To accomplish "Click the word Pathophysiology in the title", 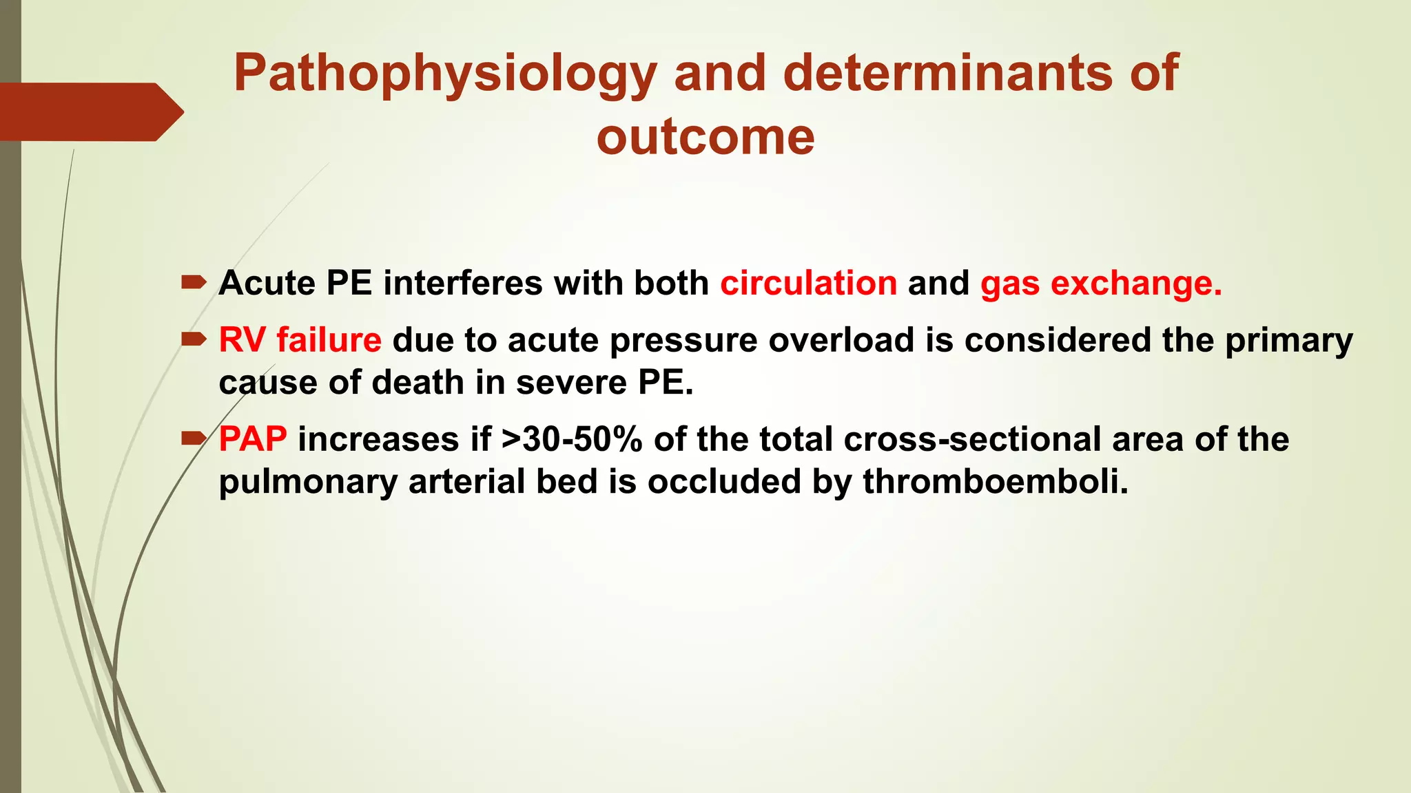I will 445,74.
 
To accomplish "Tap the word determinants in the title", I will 947,73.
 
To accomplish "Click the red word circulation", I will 809,284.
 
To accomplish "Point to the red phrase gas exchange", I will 1100,284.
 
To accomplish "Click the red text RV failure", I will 300,340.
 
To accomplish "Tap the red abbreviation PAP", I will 253,439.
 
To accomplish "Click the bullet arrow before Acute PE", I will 194,282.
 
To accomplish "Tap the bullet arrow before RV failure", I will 194,339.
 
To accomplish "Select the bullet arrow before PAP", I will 194,438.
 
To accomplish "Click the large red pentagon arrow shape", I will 90,112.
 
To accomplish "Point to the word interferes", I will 462,284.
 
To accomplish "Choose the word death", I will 418,383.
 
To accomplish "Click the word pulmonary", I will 307,483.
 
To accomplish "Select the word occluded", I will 723,481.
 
